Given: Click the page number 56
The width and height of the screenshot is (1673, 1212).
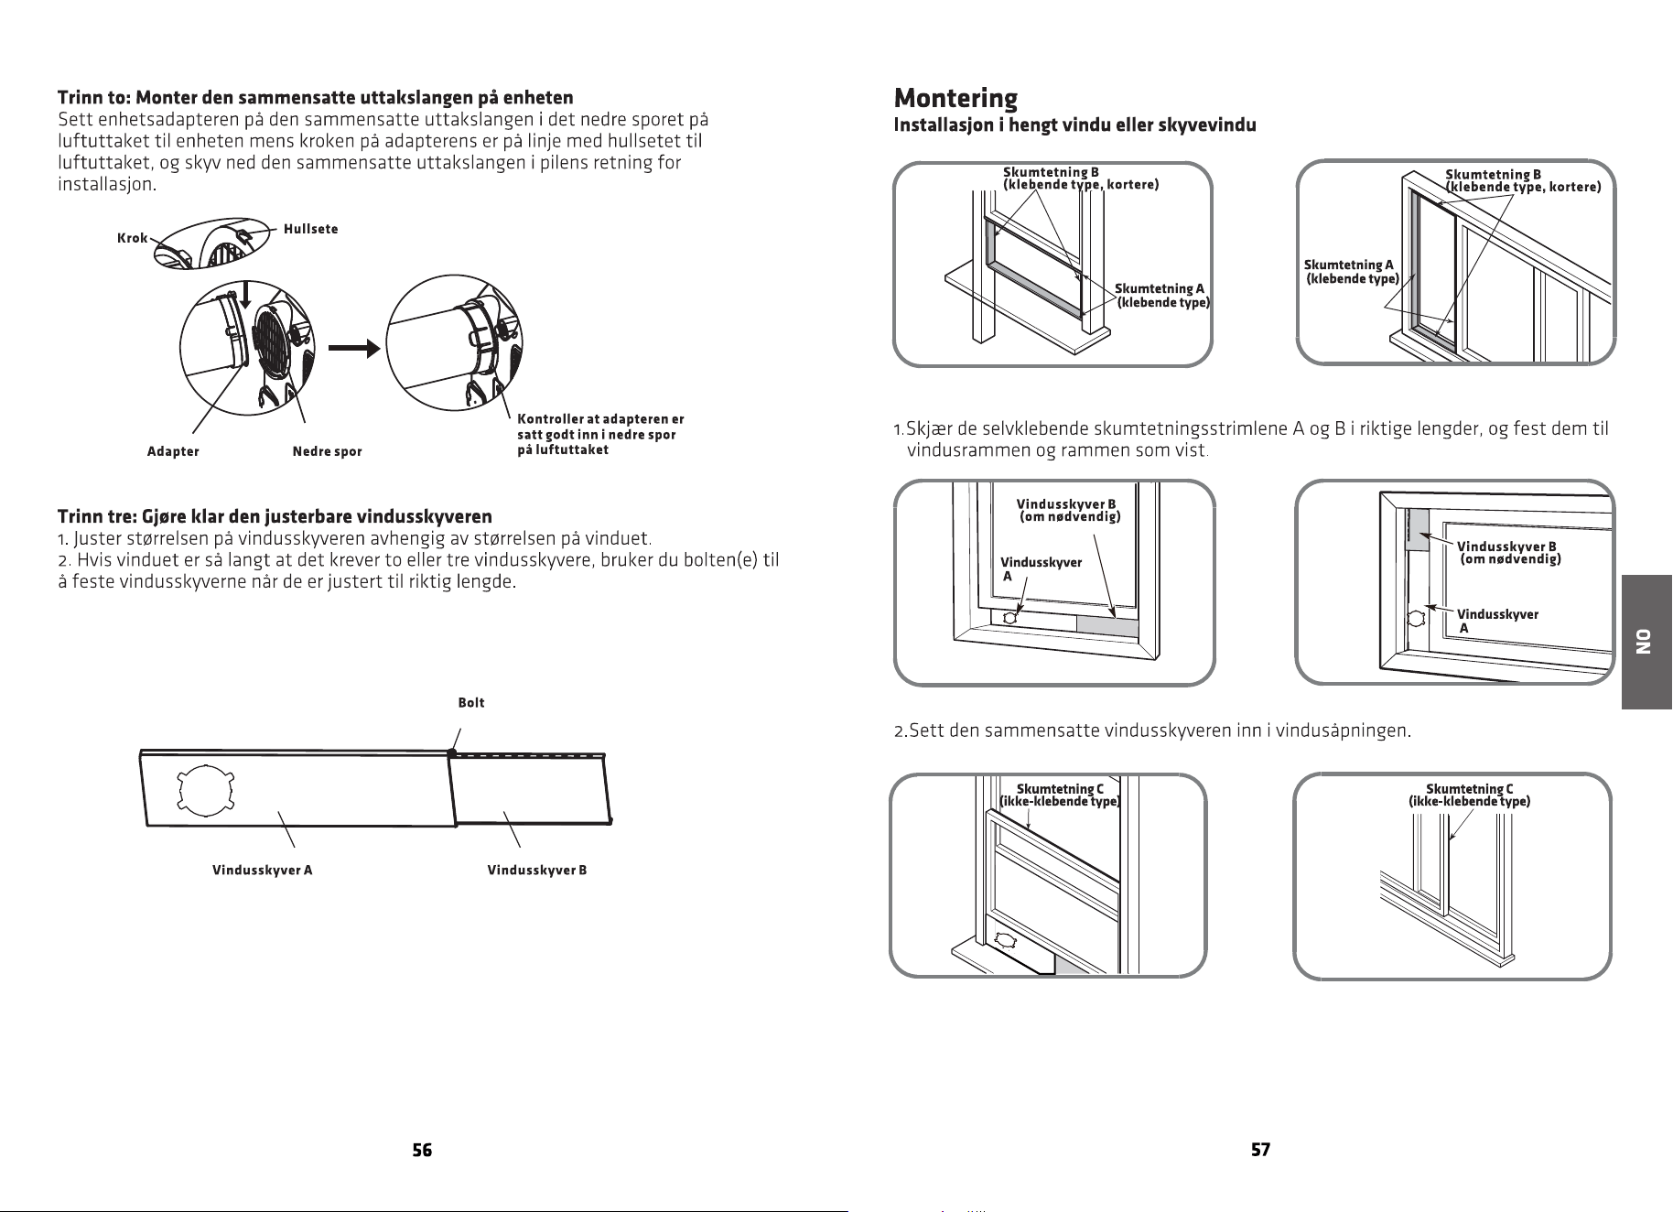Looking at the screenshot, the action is coord(422,1150).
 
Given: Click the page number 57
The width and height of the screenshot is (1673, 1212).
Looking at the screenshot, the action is coord(1260,1150).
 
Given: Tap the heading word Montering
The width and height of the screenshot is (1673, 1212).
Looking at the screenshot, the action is coord(955,98).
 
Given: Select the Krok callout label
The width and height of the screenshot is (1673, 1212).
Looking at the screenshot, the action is coord(133,238).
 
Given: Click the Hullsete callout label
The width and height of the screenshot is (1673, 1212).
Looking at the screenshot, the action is coord(311,229).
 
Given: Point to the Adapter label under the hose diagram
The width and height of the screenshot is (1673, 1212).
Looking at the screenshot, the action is coord(173,451).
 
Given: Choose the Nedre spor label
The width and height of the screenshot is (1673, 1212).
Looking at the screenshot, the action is coord(327,451).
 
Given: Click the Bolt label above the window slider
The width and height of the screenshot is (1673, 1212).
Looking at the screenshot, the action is coord(471,702).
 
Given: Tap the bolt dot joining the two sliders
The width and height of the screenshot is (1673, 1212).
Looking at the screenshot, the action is coord(452,752).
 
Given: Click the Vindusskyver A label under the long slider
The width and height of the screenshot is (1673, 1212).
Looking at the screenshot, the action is coord(263,870).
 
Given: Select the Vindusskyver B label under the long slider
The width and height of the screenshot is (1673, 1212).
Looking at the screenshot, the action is coord(537,870).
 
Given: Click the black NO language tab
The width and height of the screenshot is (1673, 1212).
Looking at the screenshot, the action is coord(1646,642).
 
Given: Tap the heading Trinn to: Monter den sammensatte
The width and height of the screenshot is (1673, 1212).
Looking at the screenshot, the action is coord(316,97).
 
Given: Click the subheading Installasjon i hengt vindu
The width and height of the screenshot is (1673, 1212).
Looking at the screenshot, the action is coord(1074,125).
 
